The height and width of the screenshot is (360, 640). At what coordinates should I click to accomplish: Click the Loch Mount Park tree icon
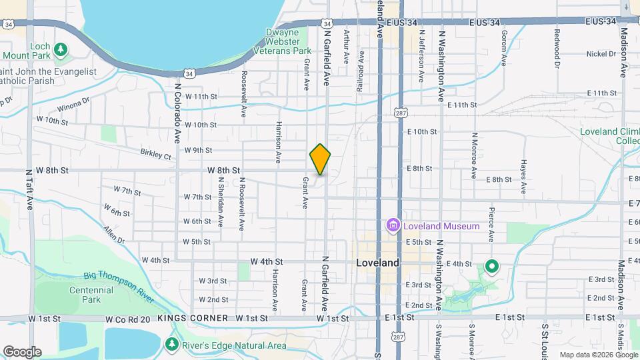[x=61, y=49]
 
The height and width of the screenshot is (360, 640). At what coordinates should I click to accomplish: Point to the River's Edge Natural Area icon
[x=172, y=344]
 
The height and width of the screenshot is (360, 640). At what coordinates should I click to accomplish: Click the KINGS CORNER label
[x=193, y=319]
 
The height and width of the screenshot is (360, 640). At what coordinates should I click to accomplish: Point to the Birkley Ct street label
[x=155, y=154]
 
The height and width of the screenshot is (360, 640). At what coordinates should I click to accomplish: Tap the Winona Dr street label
[x=73, y=105]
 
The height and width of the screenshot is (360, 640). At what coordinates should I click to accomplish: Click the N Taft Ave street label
[x=30, y=189]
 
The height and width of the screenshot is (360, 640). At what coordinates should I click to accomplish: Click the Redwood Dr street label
[x=557, y=44]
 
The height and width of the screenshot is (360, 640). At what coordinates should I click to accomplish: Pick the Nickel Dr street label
[x=601, y=53]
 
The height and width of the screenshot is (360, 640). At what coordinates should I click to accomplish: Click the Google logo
[x=22, y=352]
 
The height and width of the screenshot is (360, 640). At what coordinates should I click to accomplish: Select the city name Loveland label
[x=377, y=263]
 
